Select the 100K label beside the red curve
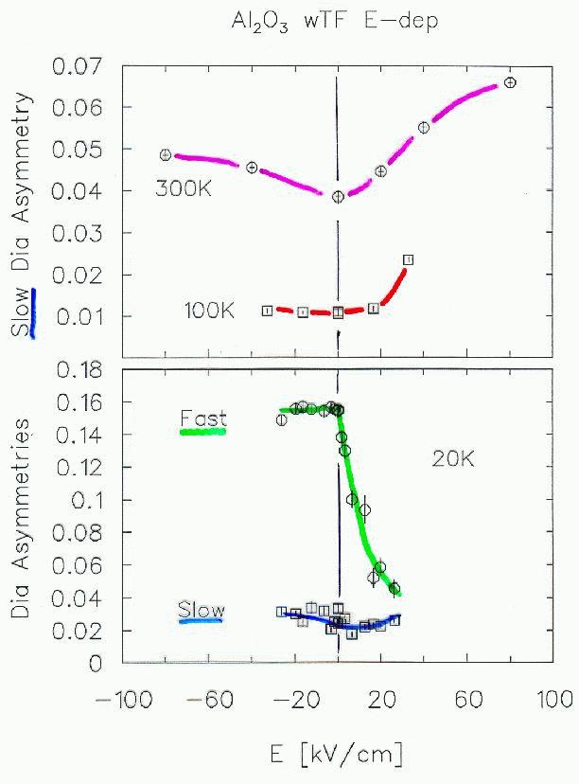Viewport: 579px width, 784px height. pyautogui.click(x=210, y=310)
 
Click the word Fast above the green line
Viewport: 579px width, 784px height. pyautogui.click(x=202, y=418)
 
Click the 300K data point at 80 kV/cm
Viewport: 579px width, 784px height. pyautogui.click(x=511, y=82)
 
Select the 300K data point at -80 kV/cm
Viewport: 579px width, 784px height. pyautogui.click(x=166, y=154)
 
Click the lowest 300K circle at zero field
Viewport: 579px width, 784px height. pyautogui.click(x=338, y=197)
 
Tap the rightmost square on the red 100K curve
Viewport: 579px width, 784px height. pyautogui.click(x=408, y=259)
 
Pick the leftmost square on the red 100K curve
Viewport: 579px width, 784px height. pyautogui.click(x=268, y=311)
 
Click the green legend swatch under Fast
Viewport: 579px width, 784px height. pyautogui.click(x=203, y=432)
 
